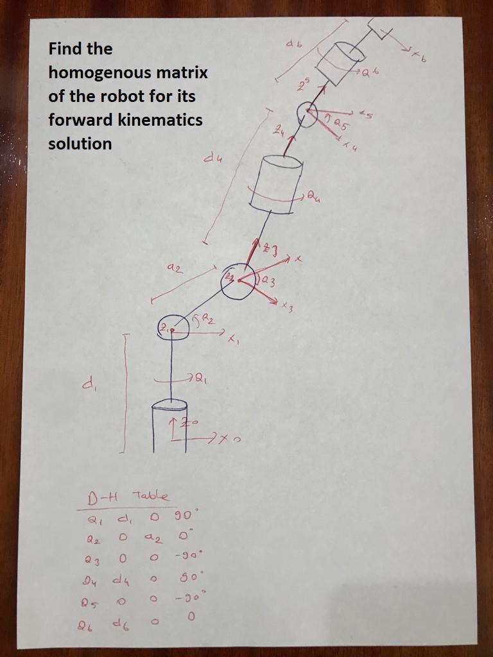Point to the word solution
80,144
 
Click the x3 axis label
287,309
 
